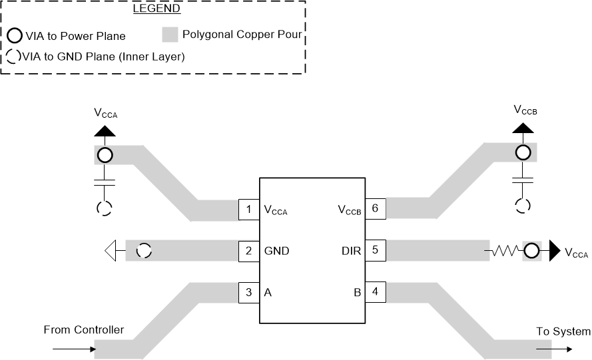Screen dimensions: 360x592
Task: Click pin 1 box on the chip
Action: click(x=248, y=210)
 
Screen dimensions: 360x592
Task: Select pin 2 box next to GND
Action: click(x=248, y=251)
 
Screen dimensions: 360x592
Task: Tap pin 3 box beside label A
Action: click(x=248, y=291)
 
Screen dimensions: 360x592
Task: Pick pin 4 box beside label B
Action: click(x=375, y=291)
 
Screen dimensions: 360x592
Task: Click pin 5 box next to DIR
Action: click(x=375, y=251)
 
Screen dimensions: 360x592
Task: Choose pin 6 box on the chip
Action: click(x=375, y=208)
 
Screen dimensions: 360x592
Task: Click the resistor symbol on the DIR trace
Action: click(x=504, y=252)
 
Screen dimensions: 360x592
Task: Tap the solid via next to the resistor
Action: click(x=531, y=252)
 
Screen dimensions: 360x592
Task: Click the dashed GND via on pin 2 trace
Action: click(x=144, y=251)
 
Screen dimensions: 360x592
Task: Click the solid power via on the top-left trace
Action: click(x=105, y=156)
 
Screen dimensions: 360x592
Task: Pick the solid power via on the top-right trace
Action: click(x=523, y=153)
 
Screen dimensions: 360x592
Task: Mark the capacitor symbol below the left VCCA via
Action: click(x=105, y=181)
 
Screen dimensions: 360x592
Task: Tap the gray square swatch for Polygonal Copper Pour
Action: click(x=170, y=35)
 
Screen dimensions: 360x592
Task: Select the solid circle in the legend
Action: click(x=14, y=36)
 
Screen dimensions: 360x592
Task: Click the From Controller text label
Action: click(x=83, y=330)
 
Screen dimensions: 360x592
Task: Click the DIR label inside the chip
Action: click(x=352, y=252)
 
